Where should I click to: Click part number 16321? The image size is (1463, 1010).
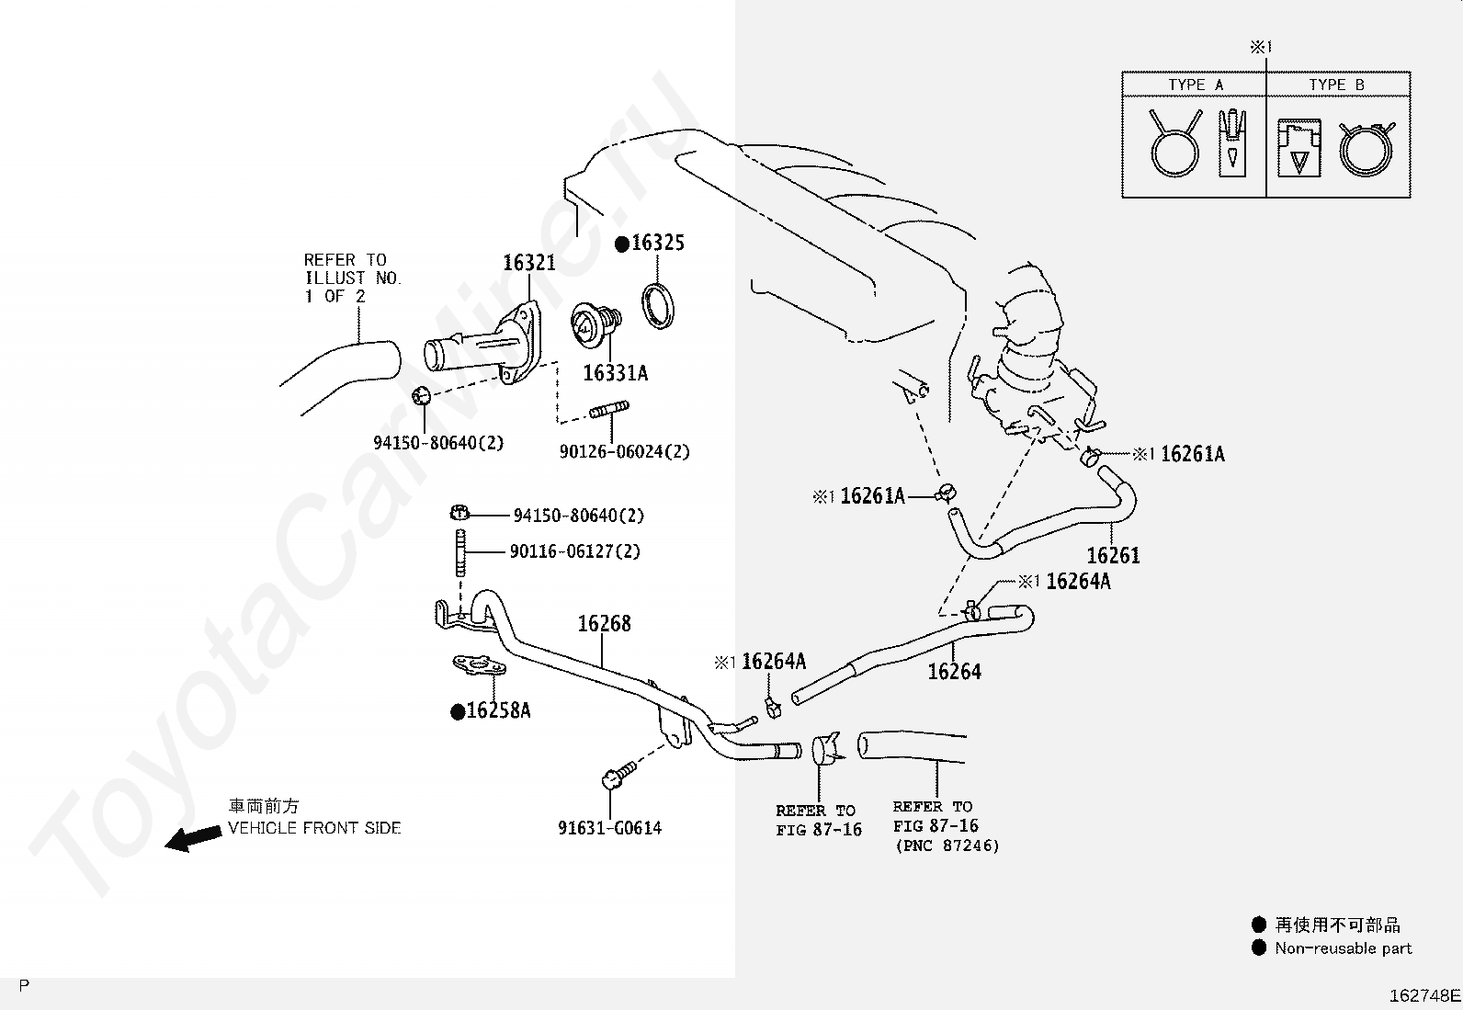(x=528, y=263)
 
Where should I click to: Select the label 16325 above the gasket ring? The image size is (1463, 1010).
(x=658, y=244)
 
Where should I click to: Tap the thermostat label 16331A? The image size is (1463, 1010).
(x=615, y=373)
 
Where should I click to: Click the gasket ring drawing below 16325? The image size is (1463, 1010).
(x=657, y=305)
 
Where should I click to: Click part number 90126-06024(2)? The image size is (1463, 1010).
(x=624, y=452)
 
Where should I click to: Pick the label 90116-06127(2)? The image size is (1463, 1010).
(x=575, y=551)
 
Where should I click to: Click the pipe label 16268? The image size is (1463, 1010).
(x=604, y=624)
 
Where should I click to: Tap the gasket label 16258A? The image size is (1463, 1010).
(x=498, y=710)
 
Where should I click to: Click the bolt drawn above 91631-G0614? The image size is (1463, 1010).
(x=617, y=776)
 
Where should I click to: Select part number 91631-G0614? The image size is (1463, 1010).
(x=609, y=827)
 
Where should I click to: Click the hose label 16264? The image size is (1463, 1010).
(x=954, y=672)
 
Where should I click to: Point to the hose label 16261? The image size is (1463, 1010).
(x=1113, y=555)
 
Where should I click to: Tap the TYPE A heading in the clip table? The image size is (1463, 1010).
(x=1195, y=85)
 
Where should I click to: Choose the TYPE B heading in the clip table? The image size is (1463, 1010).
(x=1336, y=85)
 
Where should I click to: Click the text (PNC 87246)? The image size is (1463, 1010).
(x=947, y=845)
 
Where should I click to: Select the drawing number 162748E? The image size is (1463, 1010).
(x=1423, y=995)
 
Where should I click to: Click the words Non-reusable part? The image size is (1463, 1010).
(x=1343, y=948)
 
